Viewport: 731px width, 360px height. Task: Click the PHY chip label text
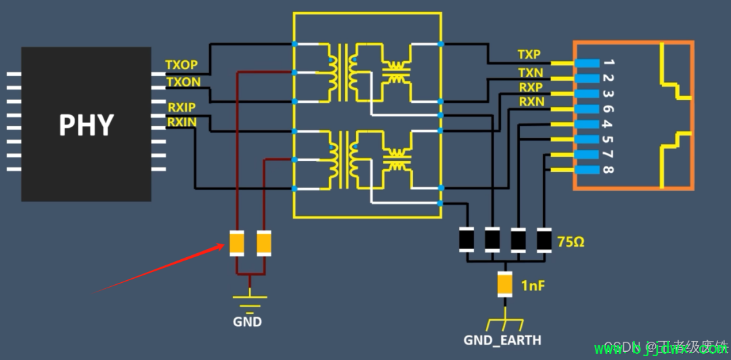tap(86, 126)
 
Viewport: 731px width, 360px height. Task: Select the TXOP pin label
tap(181, 65)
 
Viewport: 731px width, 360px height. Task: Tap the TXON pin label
tap(183, 82)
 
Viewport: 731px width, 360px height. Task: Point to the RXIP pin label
tap(182, 107)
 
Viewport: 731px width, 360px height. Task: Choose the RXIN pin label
tap(181, 122)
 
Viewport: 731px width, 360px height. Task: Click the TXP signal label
tap(529, 54)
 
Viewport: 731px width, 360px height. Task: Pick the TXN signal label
tap(530, 72)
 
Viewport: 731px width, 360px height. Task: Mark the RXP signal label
tap(530, 87)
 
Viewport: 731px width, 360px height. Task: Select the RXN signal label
tap(531, 102)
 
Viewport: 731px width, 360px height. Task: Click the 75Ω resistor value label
tap(570, 241)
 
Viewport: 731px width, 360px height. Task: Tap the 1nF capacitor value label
tap(533, 286)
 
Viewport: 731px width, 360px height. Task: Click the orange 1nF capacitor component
tap(505, 285)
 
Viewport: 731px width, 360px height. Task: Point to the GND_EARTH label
tap(502, 340)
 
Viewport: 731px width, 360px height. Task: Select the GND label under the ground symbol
tap(247, 322)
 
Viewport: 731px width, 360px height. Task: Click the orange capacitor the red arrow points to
tap(236, 244)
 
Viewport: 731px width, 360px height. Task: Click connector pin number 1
tap(608, 63)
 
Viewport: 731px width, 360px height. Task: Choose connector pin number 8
tap(608, 170)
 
